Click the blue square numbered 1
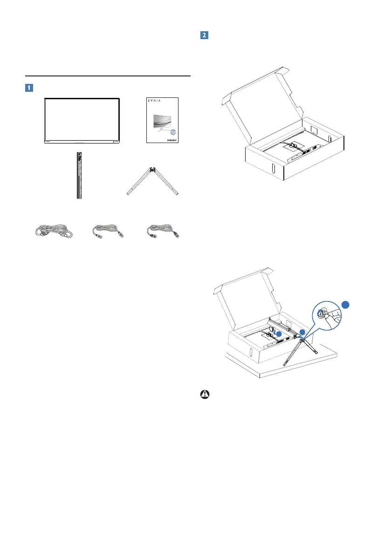click(29, 87)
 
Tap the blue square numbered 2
click(204, 35)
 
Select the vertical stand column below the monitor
click(78, 175)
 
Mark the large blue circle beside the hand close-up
click(345, 305)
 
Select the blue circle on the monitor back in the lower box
click(278, 334)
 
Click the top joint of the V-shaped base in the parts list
click(152, 171)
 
